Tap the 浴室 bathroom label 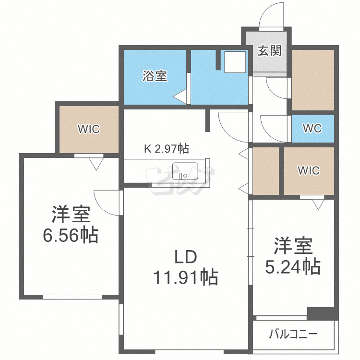(x=155, y=76)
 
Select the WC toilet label (x=312, y=129)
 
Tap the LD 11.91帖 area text (x=185, y=267)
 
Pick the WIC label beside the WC (x=308, y=170)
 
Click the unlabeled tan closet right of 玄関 (x=312, y=79)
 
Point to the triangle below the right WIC (x=318, y=204)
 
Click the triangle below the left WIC (x=96, y=164)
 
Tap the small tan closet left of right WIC (x=265, y=170)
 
